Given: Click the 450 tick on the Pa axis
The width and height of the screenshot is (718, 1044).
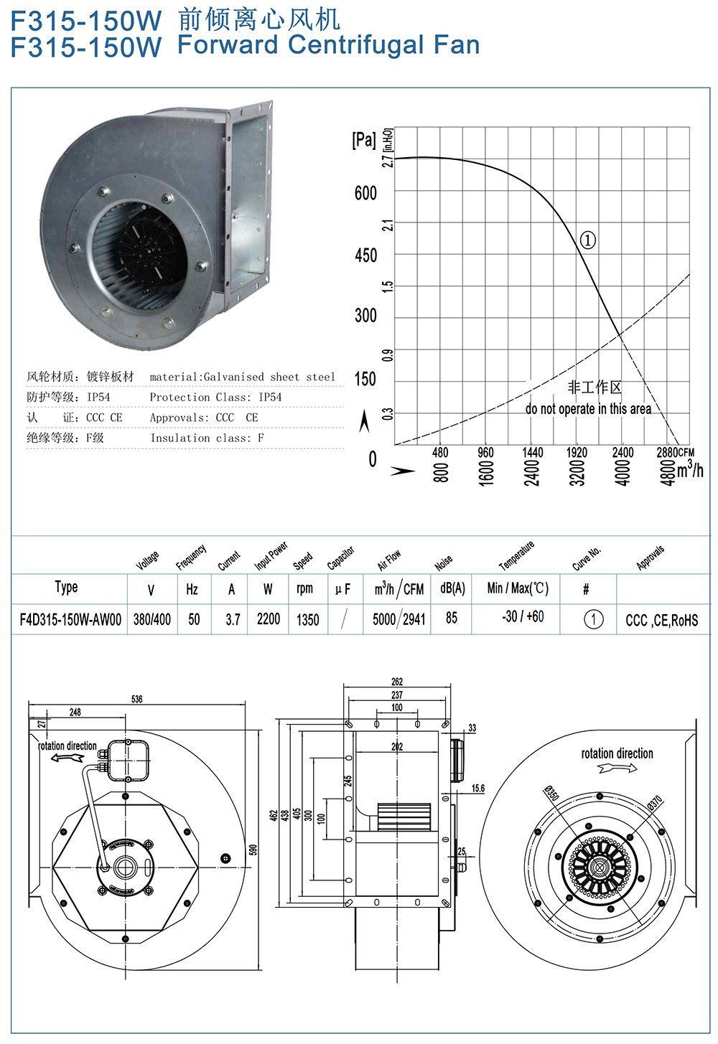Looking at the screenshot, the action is pos(365,255).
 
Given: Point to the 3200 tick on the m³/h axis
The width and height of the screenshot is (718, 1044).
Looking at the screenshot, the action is pos(577,473).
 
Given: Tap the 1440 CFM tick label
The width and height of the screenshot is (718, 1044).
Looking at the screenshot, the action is pos(533,452).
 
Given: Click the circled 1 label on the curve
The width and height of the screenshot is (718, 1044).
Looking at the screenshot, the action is pos(587,240).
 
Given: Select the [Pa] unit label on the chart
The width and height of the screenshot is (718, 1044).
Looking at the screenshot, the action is pos(363,139).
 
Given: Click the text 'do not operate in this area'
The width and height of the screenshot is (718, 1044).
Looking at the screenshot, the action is pos(588,409).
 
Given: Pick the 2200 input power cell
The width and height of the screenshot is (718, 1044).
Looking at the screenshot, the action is pos(268,619).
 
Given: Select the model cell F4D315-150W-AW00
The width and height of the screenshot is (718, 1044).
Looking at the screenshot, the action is pos(70,619).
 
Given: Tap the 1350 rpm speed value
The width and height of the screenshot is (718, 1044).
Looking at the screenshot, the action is pos(308,619).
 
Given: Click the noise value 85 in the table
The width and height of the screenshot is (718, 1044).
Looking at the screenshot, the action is pos(452,618).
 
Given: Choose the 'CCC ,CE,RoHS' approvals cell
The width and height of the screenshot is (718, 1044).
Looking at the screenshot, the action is pos(661,621).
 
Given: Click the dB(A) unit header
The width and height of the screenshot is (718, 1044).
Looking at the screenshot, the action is pos(452,588).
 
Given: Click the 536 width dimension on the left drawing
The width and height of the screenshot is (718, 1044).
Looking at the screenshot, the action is pos(136,699).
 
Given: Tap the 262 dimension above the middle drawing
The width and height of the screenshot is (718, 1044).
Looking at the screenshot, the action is pos(397,682).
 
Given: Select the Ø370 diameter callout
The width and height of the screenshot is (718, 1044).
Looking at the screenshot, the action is pos(654,803).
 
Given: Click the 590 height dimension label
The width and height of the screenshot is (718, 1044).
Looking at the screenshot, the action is pos(253,850).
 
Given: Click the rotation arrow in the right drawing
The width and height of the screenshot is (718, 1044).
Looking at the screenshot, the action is pos(617,768).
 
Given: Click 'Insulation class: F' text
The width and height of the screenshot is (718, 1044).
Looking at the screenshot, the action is pos(207,438).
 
